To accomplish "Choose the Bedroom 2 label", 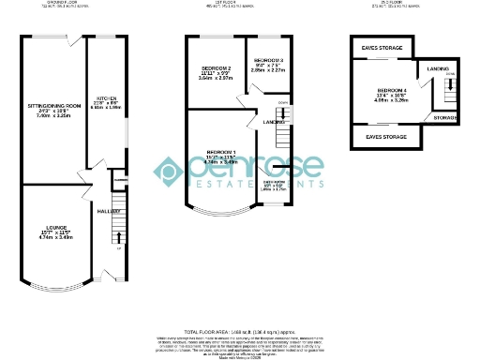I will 215,69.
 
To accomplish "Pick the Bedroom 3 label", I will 268,59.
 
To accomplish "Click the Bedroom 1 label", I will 221,152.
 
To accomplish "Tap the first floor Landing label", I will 274,122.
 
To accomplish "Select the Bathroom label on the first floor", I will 273,182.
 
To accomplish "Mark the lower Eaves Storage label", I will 386,138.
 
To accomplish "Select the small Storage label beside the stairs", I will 444,117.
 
